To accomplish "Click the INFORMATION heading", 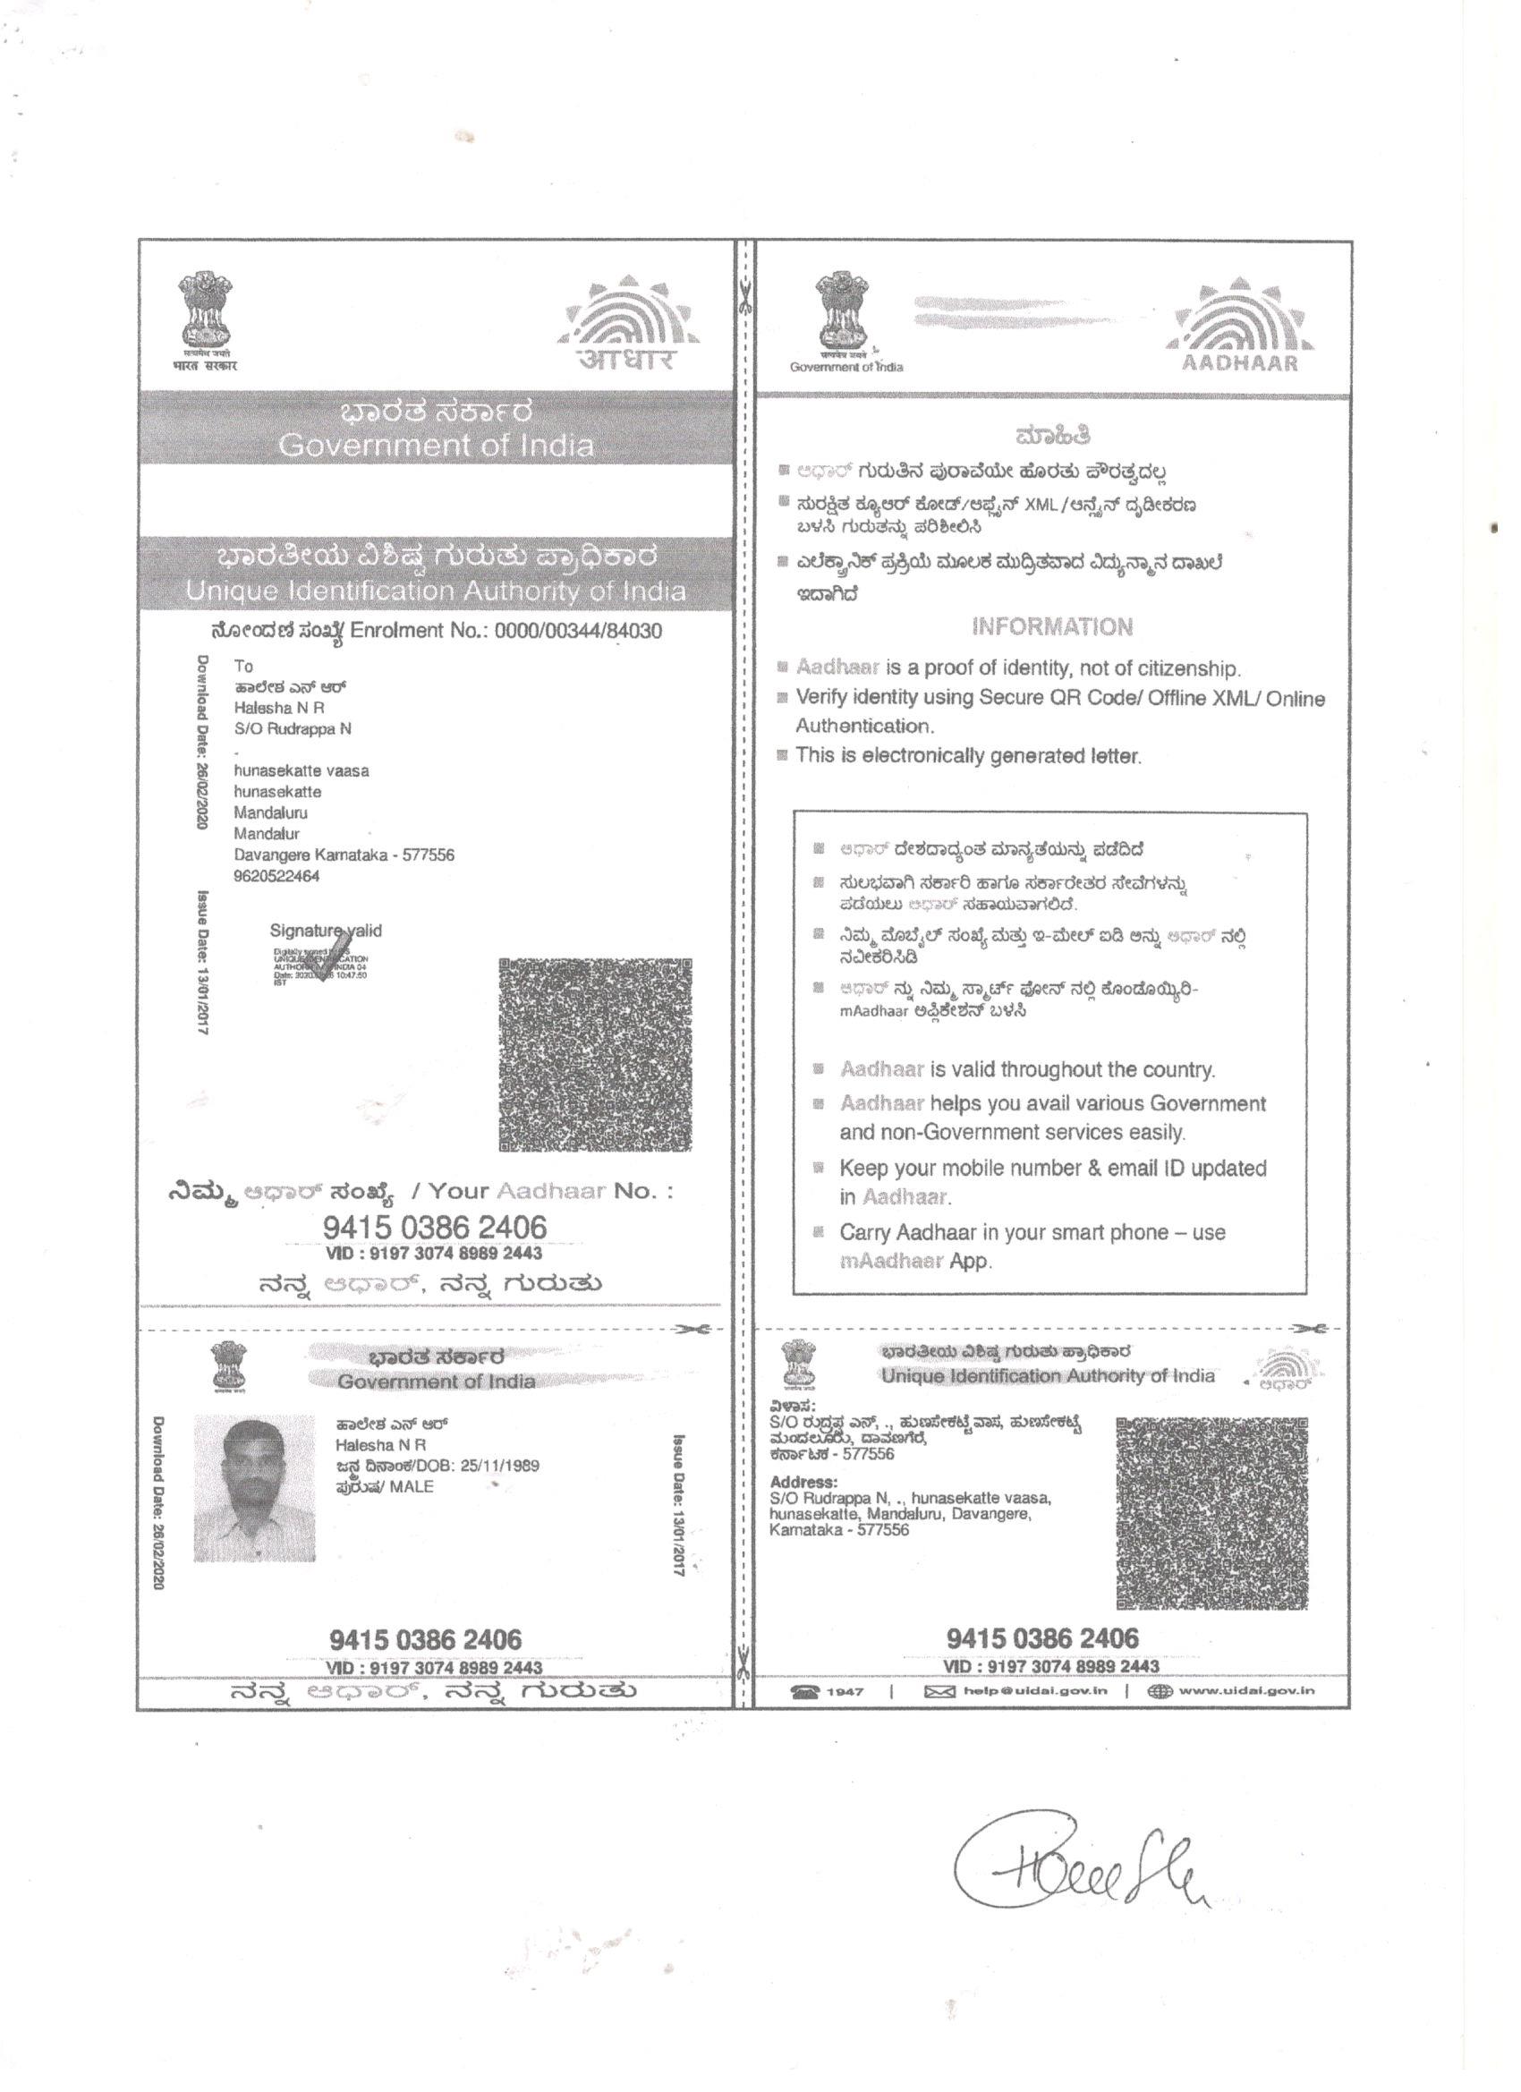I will [x=1051, y=627].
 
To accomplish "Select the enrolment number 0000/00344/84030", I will [x=577, y=632].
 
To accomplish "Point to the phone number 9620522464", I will [x=276, y=876].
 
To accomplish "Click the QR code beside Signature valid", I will [x=595, y=1054].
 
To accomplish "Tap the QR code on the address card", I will [x=1211, y=1513].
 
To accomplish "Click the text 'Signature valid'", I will [x=325, y=931].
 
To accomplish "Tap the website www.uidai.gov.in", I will [x=1246, y=1691].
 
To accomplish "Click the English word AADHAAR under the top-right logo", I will [x=1240, y=362].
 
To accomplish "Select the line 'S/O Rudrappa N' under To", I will [x=293, y=728].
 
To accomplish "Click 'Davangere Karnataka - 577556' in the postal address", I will [x=344, y=855].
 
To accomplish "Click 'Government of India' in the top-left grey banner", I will [x=436, y=446].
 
